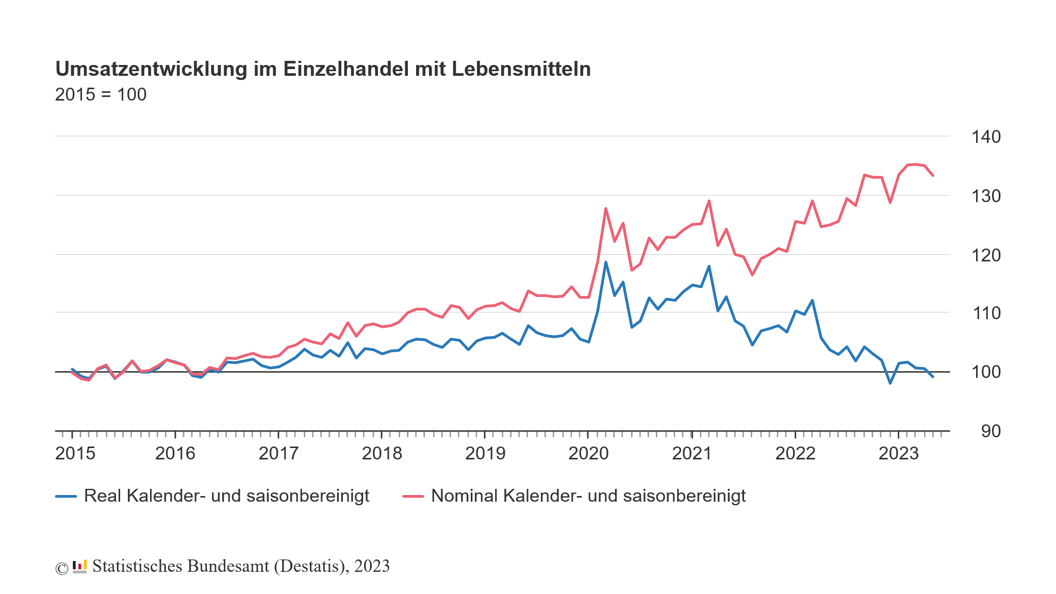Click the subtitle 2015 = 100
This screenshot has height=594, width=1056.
(101, 95)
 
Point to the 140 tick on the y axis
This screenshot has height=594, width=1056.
(986, 137)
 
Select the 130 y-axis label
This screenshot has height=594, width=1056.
(986, 196)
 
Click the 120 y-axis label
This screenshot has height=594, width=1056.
(986, 255)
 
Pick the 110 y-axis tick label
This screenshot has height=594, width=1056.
(986, 313)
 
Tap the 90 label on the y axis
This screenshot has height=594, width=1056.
(991, 432)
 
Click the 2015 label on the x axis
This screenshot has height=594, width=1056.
(75, 454)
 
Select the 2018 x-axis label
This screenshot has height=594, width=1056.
(382, 454)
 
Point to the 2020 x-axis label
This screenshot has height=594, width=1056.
(588, 454)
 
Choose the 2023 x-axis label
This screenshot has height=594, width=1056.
(899, 454)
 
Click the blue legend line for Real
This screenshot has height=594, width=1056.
(66, 497)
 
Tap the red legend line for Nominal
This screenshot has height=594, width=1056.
(413, 497)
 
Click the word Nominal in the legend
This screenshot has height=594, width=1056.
(464, 496)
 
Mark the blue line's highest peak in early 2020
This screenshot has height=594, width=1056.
(605, 262)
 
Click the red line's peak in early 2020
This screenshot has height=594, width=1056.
(605, 208)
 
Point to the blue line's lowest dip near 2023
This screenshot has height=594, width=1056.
(890, 383)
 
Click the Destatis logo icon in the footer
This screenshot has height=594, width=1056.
(79, 567)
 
